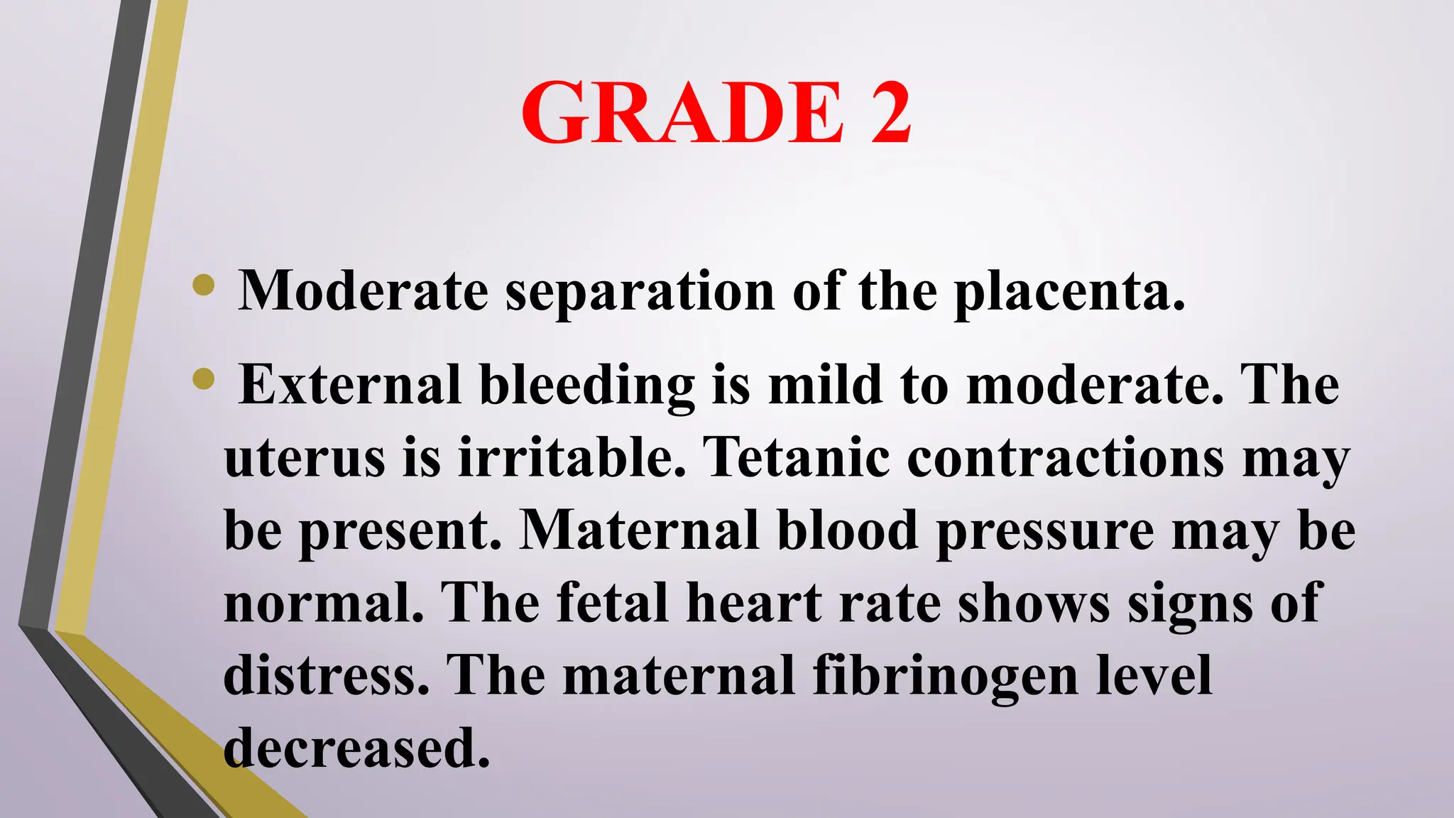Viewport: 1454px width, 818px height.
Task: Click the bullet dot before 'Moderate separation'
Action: [x=204, y=285]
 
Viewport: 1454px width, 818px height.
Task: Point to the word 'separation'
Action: [x=640, y=292]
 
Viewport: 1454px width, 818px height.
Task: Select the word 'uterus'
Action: [x=305, y=458]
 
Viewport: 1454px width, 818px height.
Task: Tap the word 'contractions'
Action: [x=1066, y=458]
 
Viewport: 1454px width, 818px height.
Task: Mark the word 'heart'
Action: [x=753, y=604]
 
